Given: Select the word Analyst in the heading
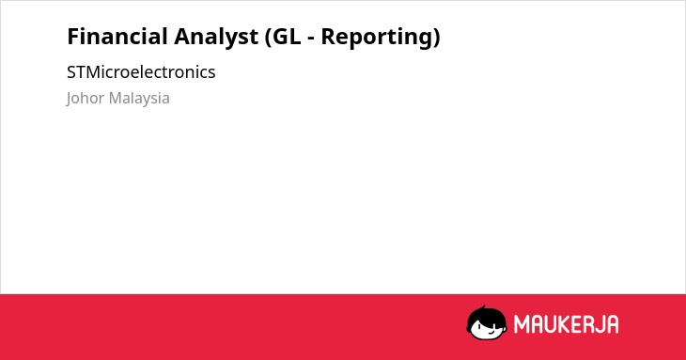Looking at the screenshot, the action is click(x=216, y=38).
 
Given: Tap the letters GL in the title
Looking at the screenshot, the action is click(x=287, y=37).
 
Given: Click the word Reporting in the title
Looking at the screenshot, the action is click(x=375, y=38).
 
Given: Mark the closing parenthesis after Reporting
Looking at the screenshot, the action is click(x=435, y=38).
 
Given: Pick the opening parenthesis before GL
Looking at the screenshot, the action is click(x=268, y=38).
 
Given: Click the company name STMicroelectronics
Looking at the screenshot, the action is click(x=141, y=72).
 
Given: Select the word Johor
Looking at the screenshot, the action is click(x=86, y=99).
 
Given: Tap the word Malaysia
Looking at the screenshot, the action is click(x=139, y=99).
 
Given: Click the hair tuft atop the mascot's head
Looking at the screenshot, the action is click(x=483, y=307).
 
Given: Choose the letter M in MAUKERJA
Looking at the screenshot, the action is click(x=521, y=324).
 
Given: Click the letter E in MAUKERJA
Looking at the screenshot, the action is click(x=576, y=324).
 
